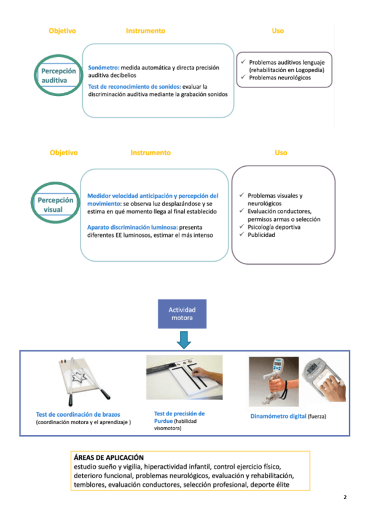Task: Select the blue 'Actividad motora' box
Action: (x=182, y=313)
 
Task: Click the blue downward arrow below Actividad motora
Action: (x=184, y=340)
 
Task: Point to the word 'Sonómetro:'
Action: (x=104, y=68)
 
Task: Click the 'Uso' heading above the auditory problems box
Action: (x=278, y=31)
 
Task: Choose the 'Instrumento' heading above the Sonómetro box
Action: (x=146, y=31)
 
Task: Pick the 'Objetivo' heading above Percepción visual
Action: (x=64, y=153)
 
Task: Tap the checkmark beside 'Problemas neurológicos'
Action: (x=243, y=77)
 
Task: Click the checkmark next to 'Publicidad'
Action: (x=242, y=235)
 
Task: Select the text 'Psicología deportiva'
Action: (x=274, y=227)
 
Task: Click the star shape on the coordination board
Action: (x=79, y=377)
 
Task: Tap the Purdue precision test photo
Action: (x=184, y=377)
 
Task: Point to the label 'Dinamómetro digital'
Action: (x=278, y=416)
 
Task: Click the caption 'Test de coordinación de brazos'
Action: (x=78, y=414)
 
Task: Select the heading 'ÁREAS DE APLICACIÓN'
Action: (x=109, y=457)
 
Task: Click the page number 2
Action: (x=345, y=497)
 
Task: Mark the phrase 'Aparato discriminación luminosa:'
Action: (x=133, y=227)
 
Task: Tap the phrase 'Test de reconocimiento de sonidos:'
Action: (x=135, y=87)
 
